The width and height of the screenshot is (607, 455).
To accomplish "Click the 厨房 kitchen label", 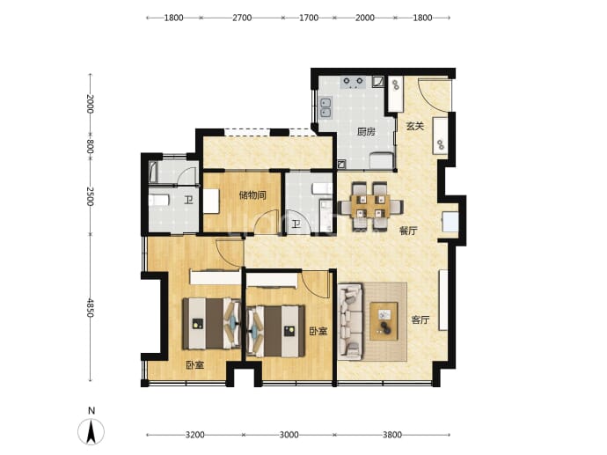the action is pyautogui.click(x=366, y=132).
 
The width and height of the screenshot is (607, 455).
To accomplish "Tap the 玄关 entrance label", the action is pyautogui.click(x=415, y=126).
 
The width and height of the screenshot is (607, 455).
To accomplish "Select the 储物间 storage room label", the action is pyautogui.click(x=252, y=194).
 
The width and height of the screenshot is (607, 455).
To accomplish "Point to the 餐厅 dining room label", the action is pyautogui.click(x=408, y=231).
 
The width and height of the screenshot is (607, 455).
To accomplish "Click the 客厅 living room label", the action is pyautogui.click(x=420, y=319).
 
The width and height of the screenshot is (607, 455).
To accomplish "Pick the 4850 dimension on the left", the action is pyautogui.click(x=91, y=307).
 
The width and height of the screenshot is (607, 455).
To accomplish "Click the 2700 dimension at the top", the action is pyautogui.click(x=242, y=18).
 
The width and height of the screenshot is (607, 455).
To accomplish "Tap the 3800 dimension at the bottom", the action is pyautogui.click(x=392, y=435).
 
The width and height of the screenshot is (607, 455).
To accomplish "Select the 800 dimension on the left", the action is pyautogui.click(x=91, y=146).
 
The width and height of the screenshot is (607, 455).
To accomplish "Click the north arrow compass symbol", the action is pyautogui.click(x=91, y=432).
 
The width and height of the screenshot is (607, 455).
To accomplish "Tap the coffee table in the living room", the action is pyautogui.click(x=384, y=321).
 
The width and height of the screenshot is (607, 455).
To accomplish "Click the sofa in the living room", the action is pyautogui.click(x=351, y=321).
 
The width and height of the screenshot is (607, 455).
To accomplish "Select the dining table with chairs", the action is pyautogui.click(x=371, y=206).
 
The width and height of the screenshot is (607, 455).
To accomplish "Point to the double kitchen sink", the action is pyautogui.click(x=325, y=107).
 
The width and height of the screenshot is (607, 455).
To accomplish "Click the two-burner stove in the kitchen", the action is pyautogui.click(x=353, y=83).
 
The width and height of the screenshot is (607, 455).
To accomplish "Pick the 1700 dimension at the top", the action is pyautogui.click(x=309, y=18).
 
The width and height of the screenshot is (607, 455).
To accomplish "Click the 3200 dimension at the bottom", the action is pyautogui.click(x=194, y=435).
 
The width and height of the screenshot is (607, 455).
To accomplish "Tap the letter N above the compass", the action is pyautogui.click(x=91, y=411).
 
